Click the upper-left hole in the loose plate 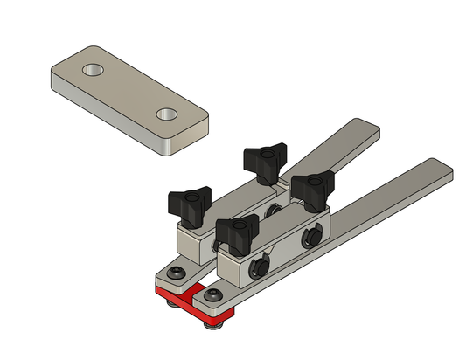(x=93, y=68)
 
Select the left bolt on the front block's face (x=259, y=268)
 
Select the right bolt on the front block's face (x=310, y=239)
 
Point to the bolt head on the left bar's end (x=177, y=275)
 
